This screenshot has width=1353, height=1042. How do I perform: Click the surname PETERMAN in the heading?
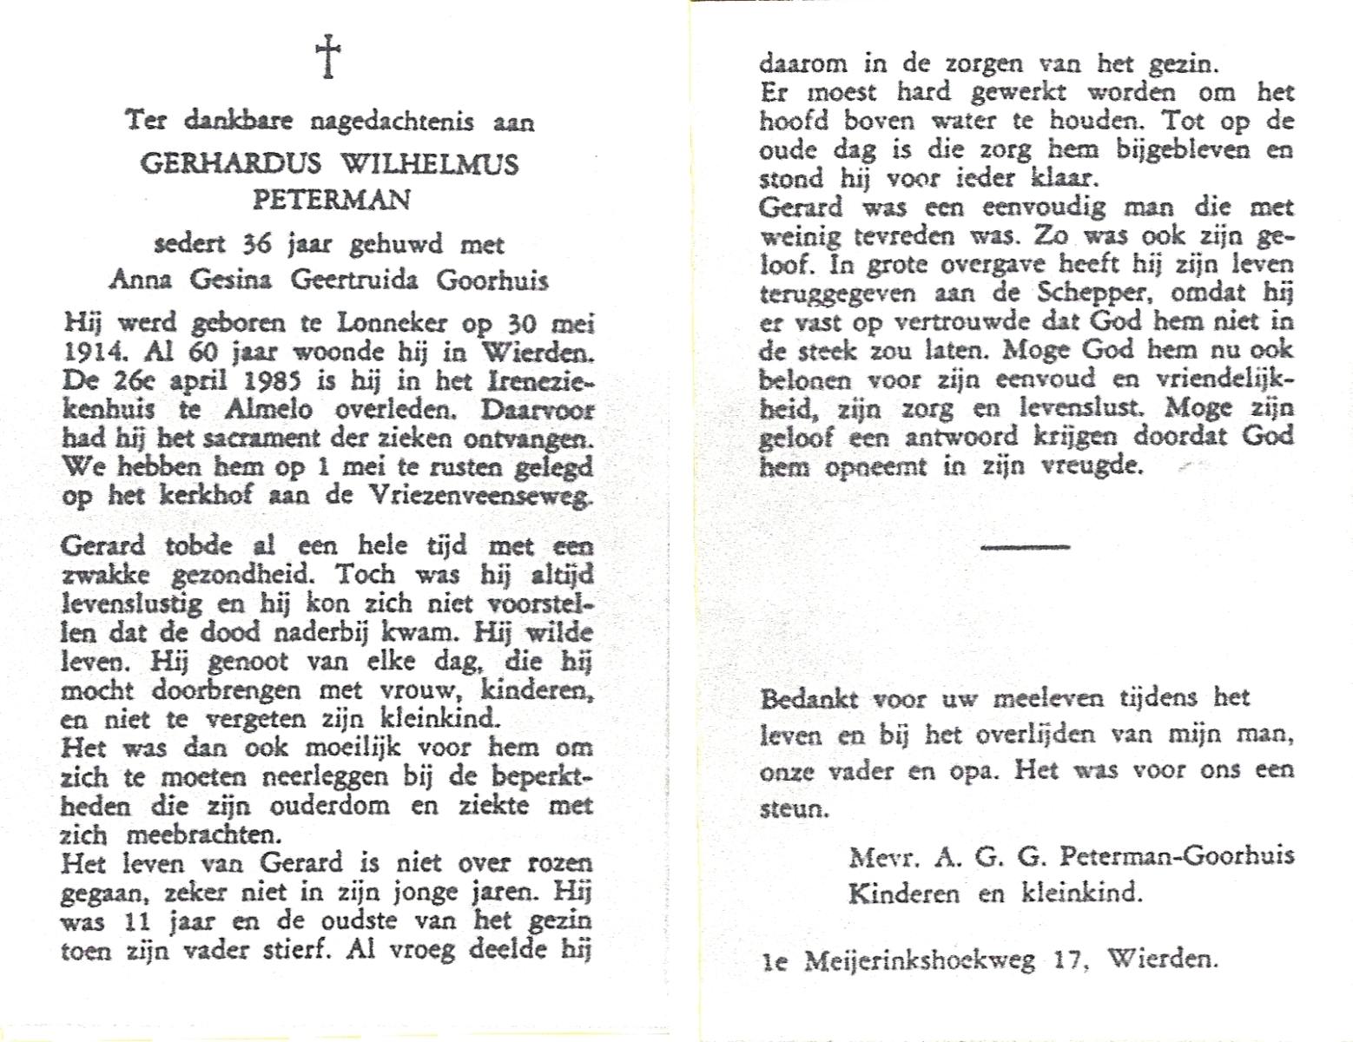pyautogui.click(x=331, y=199)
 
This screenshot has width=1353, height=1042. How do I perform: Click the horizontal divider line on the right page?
pyautogui.click(x=1025, y=546)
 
